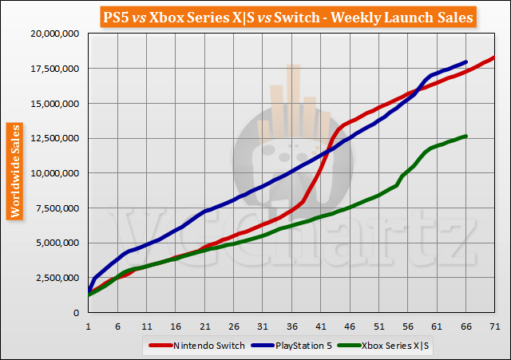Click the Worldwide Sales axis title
pyautogui.click(x=14, y=170)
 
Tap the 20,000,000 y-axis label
pyautogui.click(x=53, y=34)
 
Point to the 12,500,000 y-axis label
pyautogui.click(x=53, y=138)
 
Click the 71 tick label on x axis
pyautogui.click(x=495, y=326)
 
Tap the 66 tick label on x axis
pyautogui.click(x=466, y=326)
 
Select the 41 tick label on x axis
pyautogui.click(x=321, y=326)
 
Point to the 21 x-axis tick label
pyautogui.click(x=204, y=326)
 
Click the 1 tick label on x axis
pyautogui.click(x=89, y=326)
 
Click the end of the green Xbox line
pyautogui.click(x=465, y=136)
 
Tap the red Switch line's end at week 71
pyautogui.click(x=494, y=57)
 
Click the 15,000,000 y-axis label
pyautogui.click(x=53, y=103)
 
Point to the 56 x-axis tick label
pyautogui.click(x=408, y=326)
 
